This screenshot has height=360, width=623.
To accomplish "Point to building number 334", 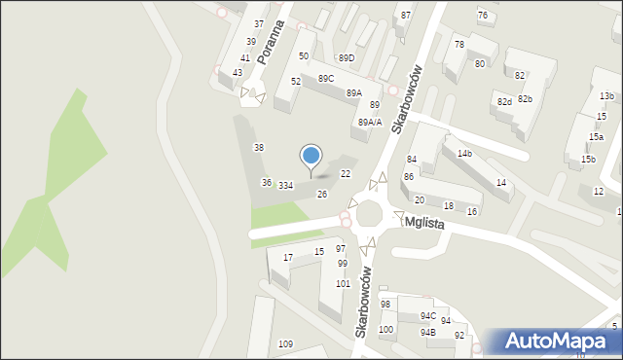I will pos(285,185).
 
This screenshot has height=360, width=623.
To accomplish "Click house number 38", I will pos(259,147).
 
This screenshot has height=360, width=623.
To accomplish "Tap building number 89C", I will pos(325,79).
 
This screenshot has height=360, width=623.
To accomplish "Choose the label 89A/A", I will pos(370,122).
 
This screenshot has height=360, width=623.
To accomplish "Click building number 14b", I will pos(464,154).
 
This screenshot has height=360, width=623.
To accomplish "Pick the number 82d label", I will pos(503,101).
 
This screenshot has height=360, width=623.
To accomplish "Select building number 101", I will pos(343,284).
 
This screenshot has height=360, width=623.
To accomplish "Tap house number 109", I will pos(285,344).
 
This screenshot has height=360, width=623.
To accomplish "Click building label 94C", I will pos(427,316).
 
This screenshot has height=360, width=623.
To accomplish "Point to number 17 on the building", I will pos(288,257).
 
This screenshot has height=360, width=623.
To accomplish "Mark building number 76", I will pos(483,15).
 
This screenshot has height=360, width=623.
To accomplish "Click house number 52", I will pos(295,82).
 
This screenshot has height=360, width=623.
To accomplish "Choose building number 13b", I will pos(606,96).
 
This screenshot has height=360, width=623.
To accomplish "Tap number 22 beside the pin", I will pos(345,173).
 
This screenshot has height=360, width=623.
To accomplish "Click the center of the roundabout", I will pos(370,214).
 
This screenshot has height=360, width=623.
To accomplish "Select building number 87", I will pos(406,16).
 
